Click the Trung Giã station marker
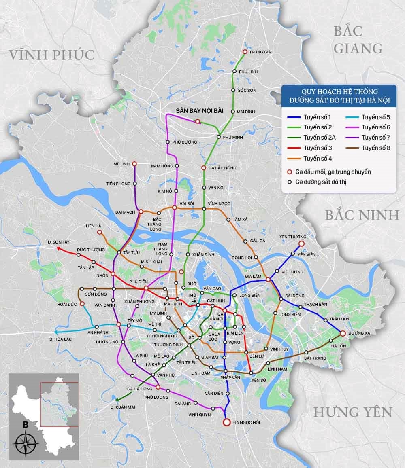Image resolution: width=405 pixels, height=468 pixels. (x=245, y=52)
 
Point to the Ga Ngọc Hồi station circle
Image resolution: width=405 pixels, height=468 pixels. (x=227, y=422)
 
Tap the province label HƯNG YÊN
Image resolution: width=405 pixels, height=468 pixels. (x=353, y=412)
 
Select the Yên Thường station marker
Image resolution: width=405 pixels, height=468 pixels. (x=301, y=243)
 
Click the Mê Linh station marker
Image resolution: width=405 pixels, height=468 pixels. (x=135, y=164)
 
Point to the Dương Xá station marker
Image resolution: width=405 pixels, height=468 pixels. (x=343, y=334)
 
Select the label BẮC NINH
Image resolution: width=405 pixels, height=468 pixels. (x=362, y=215)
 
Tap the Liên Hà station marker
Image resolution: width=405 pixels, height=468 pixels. (x=100, y=232)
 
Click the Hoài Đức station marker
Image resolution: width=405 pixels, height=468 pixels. (x=82, y=304)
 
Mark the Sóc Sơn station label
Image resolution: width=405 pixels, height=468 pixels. (x=247, y=90)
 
